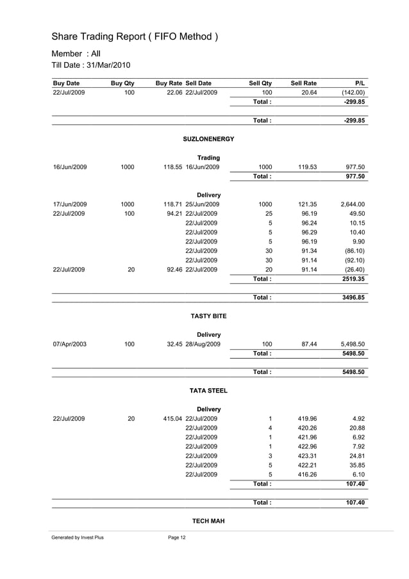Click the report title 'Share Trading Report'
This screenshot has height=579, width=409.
135,37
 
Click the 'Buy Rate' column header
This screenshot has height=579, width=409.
169,83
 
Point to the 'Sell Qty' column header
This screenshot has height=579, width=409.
260,83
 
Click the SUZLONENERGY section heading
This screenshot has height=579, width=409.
209,139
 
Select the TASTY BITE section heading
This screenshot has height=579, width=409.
209,316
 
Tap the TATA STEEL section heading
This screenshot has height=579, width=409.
209,391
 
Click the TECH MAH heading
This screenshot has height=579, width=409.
209,521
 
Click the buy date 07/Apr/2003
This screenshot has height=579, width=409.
69,344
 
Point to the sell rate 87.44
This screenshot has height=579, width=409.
308,344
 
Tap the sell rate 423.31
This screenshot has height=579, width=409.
308,455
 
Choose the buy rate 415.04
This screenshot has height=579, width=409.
173,418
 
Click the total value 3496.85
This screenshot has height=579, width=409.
354,298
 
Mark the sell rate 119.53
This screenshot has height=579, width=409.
308,167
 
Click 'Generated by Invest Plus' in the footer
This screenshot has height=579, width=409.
78,537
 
